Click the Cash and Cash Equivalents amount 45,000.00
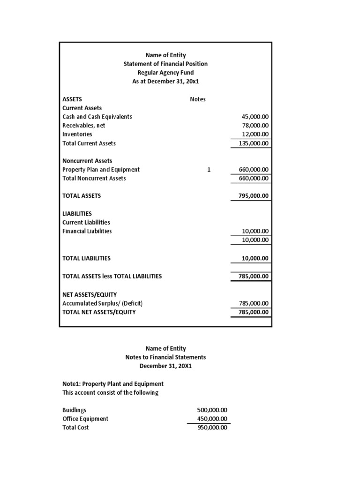(255, 117)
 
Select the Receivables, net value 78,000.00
(255, 126)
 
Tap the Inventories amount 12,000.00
(255, 134)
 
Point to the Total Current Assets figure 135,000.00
(254, 143)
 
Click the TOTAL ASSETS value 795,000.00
(254, 196)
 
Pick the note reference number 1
(209, 170)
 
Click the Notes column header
(197, 99)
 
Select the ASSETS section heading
(72, 99)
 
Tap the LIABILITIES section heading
(77, 213)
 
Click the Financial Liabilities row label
(87, 231)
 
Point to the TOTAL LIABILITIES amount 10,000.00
(255, 258)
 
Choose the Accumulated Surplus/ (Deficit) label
(102, 303)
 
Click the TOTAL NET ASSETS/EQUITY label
(99, 312)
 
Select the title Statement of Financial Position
(165, 64)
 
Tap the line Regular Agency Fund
(165, 73)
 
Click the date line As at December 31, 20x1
(165, 82)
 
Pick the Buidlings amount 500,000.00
(212, 410)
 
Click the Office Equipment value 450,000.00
(212, 419)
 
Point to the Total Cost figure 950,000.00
(212, 427)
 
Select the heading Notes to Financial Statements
(165, 357)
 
